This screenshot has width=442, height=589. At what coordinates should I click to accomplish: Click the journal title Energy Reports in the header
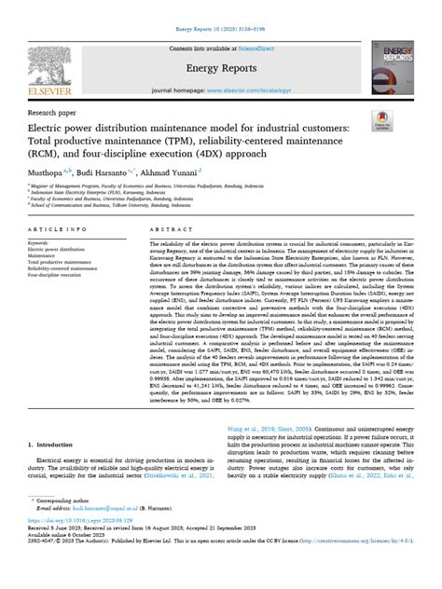(x=221, y=68)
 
